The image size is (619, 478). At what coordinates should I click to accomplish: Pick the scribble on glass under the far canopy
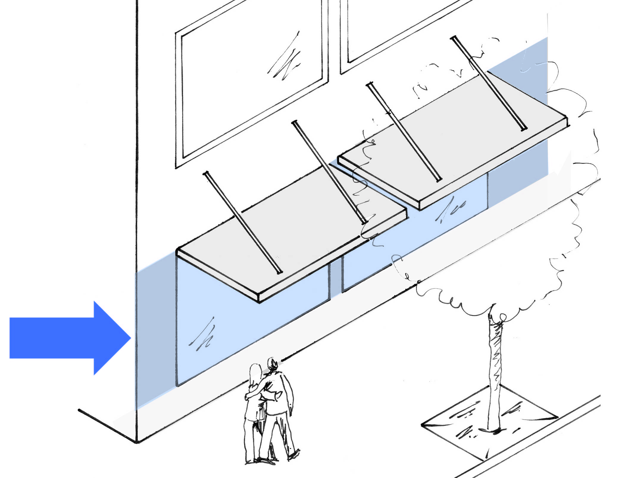coord(451,208)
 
